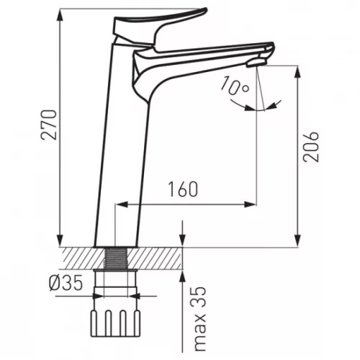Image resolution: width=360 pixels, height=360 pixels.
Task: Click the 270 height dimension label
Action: (49, 125)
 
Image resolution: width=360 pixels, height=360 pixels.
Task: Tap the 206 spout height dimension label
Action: (311, 146)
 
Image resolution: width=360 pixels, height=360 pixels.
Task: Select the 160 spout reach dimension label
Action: (183, 189)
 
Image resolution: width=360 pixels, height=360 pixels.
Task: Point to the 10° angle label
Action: (235, 86)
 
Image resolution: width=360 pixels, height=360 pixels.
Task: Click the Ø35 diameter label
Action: (66, 283)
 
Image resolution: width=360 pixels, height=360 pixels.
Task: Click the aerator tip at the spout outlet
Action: (257, 63)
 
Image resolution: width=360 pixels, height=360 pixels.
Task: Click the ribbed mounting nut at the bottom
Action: (115, 323)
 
